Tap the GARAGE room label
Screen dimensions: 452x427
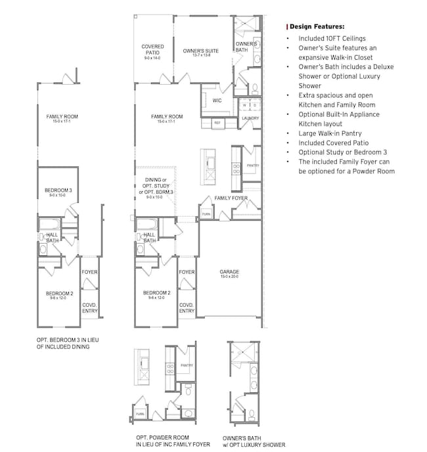pos(229,271)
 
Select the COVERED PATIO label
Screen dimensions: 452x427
pos(152,50)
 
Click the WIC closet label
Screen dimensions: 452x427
pos(217,101)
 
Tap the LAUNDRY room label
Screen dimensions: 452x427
pos(250,118)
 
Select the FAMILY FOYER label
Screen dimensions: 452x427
pos(231,198)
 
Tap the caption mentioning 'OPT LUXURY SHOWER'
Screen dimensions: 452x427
pos(254,445)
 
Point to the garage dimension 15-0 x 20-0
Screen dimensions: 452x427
pos(229,277)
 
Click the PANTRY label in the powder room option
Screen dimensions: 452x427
pos(187,365)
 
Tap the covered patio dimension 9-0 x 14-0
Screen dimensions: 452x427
pos(152,58)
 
